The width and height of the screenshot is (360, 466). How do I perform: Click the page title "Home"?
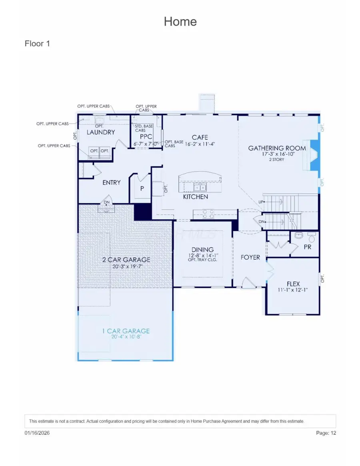click(x=180, y=21)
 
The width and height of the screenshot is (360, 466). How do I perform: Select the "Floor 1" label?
click(x=37, y=44)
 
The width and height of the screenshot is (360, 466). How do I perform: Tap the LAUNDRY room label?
click(x=101, y=132)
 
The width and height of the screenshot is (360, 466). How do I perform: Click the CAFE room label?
click(x=200, y=138)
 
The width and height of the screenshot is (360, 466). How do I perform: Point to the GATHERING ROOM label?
click(x=277, y=148)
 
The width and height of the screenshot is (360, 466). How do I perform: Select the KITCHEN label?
click(x=195, y=197)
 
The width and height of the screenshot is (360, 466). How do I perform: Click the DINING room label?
click(x=202, y=250)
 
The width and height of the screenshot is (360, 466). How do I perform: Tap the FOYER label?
click(x=250, y=257)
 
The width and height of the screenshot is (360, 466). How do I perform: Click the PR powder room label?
click(x=307, y=247)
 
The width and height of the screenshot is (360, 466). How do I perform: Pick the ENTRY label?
click(x=111, y=182)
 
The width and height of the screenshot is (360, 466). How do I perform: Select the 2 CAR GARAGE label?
click(x=126, y=260)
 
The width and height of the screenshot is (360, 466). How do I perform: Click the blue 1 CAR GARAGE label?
click(x=126, y=331)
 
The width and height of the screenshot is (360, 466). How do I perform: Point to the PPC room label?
click(x=144, y=136)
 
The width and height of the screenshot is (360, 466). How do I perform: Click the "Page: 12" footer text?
click(x=325, y=433)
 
